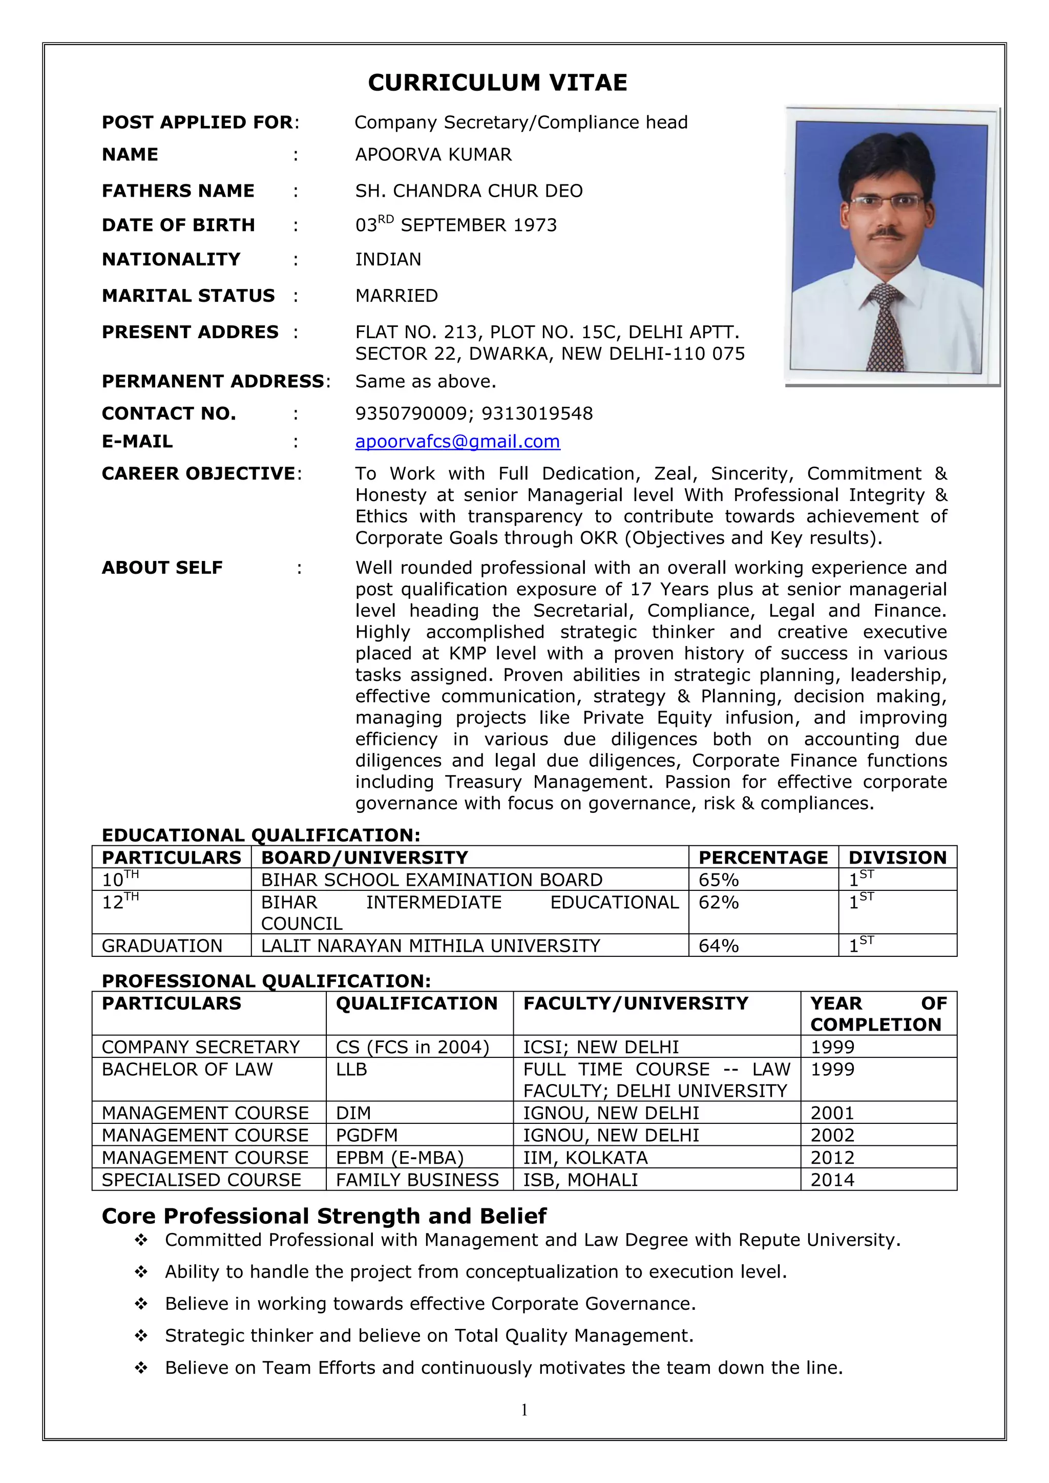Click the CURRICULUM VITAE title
[497, 82]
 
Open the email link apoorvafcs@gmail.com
[457, 442]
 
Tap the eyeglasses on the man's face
[887, 202]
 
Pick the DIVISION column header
[897, 858]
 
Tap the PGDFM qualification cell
[367, 1136]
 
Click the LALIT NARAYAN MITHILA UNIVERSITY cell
[430, 946]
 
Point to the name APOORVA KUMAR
[433, 155]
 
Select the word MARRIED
[396, 296]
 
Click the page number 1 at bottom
[524, 1409]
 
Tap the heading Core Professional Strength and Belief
[324, 1216]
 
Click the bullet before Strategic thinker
[141, 1336]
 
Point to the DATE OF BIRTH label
[178, 225]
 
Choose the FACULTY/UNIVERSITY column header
[636, 1004]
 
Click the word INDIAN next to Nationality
[388, 260]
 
